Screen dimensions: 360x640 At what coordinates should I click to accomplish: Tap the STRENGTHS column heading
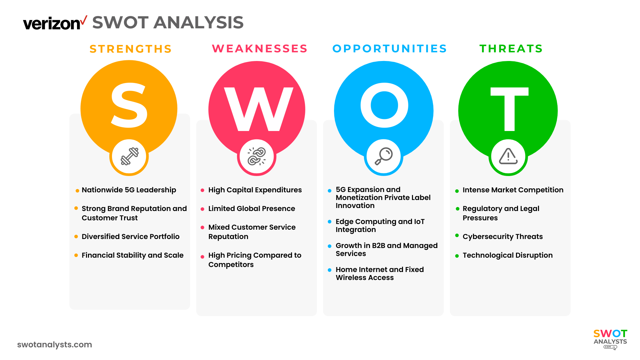pos(131,49)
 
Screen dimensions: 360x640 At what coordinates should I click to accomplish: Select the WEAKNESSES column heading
pos(260,49)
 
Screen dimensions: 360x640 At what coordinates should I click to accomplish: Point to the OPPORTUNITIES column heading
pos(390,49)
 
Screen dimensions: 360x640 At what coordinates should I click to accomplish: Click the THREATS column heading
pos(511,49)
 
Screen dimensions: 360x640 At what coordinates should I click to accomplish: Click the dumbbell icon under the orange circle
pos(129,156)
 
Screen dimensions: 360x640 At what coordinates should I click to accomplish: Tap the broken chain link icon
pos(257,156)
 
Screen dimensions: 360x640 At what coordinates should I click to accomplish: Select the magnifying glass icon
pos(384,156)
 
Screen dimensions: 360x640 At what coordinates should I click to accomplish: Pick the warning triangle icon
pos(508,156)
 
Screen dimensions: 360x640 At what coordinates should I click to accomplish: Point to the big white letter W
pos(258,109)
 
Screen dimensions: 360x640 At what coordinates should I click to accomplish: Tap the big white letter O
pos(384,105)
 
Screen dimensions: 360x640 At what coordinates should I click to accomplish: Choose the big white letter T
pos(509,109)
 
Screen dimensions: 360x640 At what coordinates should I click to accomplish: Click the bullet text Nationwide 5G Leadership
pos(129,190)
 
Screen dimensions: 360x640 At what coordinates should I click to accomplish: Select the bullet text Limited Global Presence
pos(252,209)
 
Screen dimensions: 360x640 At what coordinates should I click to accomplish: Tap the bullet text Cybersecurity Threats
pos(502,237)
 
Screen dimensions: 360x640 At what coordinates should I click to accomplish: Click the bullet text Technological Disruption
pos(507,255)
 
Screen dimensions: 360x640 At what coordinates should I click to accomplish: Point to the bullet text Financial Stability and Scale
pos(132,255)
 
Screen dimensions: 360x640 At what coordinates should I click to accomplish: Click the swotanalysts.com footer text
pos(55,345)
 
